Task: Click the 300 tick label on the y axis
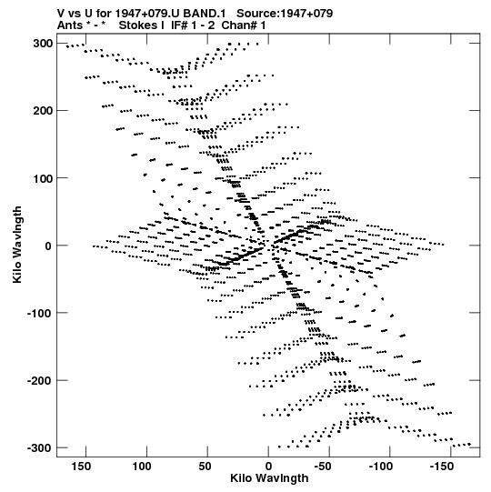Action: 43,44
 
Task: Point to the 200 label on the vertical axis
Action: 43,111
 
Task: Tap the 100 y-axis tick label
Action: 43,178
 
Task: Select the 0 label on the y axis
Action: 48,246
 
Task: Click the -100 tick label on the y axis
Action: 40,313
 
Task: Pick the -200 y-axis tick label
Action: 40,381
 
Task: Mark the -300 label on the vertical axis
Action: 40,448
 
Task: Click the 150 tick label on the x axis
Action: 81,467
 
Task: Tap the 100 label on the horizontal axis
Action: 142,467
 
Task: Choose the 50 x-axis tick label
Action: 205,467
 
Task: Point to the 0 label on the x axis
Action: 268,467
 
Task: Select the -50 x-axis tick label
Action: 323,467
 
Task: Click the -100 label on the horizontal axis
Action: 381,467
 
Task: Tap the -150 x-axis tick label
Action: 442,467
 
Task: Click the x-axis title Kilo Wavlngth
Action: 269,478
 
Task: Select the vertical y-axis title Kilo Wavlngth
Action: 17,245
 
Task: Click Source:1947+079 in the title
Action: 285,14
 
